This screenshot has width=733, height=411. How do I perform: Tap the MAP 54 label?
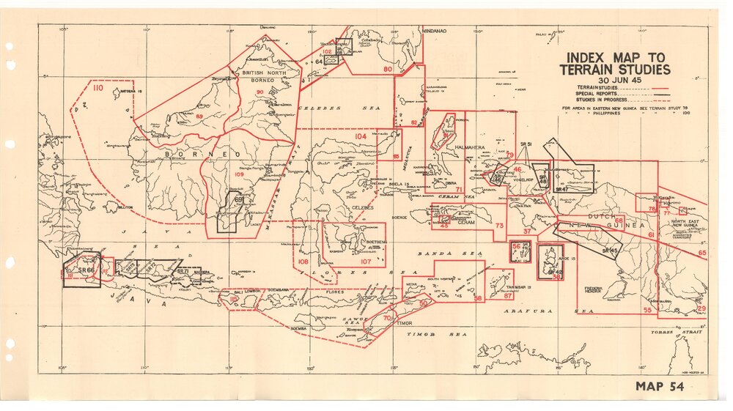click(x=660, y=387)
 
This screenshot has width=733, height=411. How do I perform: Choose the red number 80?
click(x=387, y=70)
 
